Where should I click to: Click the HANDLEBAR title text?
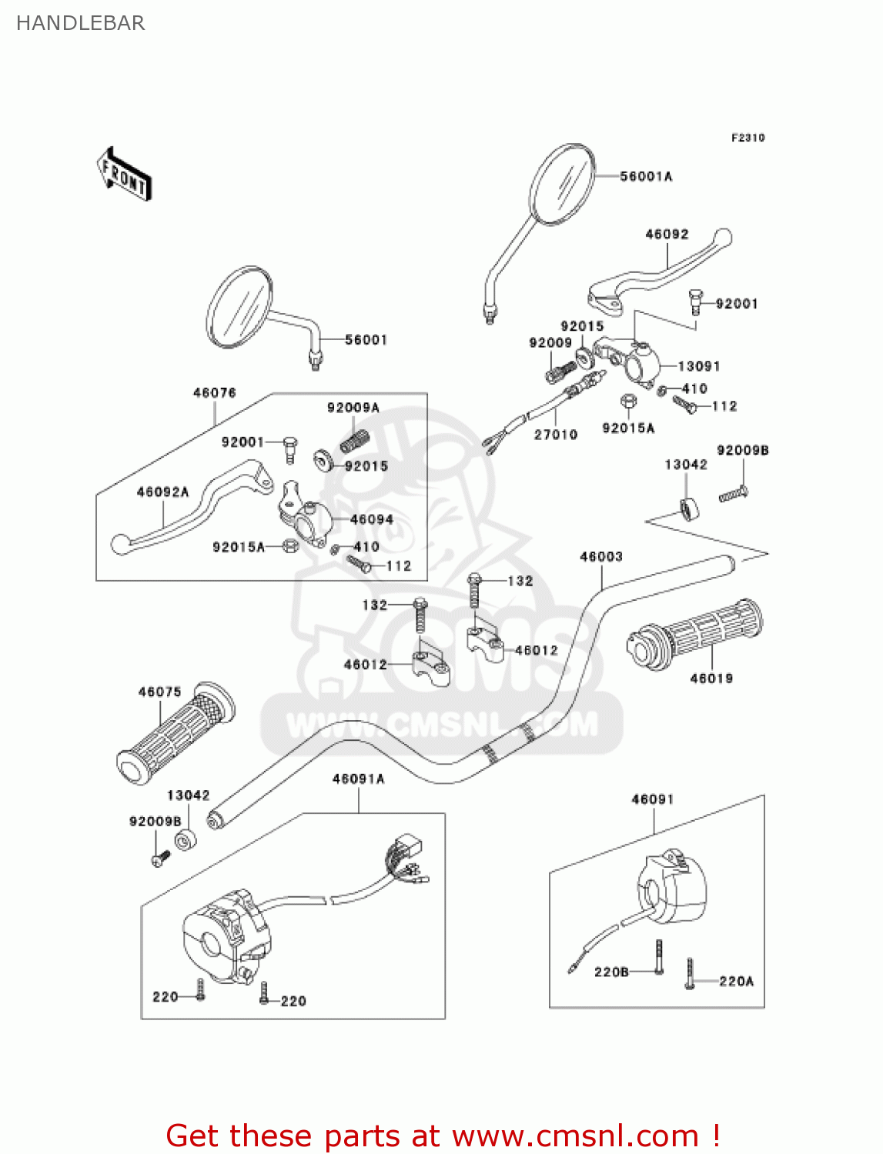[x=80, y=23]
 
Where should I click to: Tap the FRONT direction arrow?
[x=124, y=175]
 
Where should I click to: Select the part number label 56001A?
[x=646, y=176]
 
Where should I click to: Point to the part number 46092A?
[x=162, y=492]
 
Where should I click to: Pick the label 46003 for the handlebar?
[x=600, y=556]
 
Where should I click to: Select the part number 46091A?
[x=358, y=779]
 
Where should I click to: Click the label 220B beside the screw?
[x=611, y=972]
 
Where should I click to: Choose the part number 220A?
[x=736, y=981]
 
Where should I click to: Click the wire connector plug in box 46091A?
[x=406, y=848]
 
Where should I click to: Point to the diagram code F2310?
[x=748, y=138]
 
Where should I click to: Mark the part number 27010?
[x=555, y=435]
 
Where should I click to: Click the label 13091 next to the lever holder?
[x=698, y=366]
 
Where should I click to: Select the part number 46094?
[x=371, y=519]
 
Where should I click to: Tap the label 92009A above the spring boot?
[x=353, y=408]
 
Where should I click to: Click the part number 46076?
[x=214, y=392]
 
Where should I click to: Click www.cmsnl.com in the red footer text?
[x=574, y=1136]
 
